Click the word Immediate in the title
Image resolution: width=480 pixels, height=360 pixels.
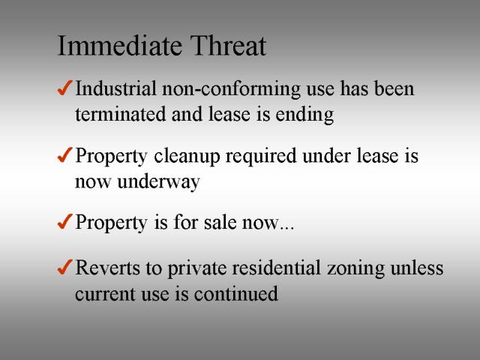coord(119,46)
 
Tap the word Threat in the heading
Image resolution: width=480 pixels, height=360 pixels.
coord(228,46)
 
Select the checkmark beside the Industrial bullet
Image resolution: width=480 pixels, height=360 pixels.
coord(65,88)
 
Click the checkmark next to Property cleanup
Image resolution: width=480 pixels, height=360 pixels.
coord(65,154)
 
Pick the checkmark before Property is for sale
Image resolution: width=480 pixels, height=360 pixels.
coord(65,221)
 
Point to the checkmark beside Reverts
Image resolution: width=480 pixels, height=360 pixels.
coord(65,267)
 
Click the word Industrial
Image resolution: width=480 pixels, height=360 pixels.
coord(116,88)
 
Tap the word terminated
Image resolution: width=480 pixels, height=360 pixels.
coord(120,114)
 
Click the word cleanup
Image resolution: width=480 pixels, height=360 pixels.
coord(187,157)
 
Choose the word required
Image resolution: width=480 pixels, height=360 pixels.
coord(261,157)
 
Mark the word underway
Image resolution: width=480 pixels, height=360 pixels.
coord(158,182)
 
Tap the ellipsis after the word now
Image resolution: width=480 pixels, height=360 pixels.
coord(286,228)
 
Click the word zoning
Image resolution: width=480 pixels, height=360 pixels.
coord(355,268)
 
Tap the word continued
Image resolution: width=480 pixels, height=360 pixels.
coord(236,293)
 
